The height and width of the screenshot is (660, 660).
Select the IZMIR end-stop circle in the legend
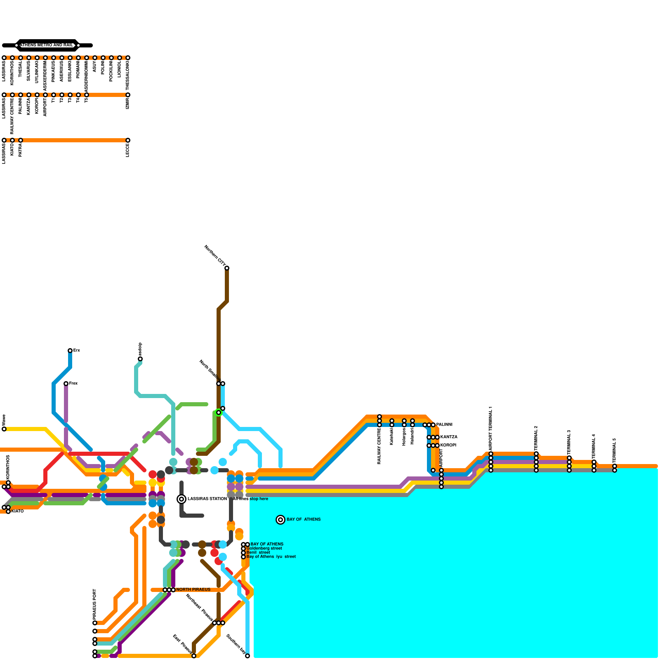pyautogui.click(x=128, y=95)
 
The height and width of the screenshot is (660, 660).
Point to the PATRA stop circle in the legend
pyautogui.click(x=21, y=140)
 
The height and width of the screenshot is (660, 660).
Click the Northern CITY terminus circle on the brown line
pyautogui.click(x=227, y=268)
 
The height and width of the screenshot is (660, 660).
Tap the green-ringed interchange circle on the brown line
pyautogui.click(x=219, y=412)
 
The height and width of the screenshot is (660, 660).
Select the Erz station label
pyautogui.click(x=77, y=351)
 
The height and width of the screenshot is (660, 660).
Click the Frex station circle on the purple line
pyautogui.click(x=66, y=384)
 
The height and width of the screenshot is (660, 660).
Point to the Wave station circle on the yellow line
pyautogui.click(x=4, y=429)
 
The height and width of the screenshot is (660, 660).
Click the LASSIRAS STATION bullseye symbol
pyautogui.click(x=181, y=499)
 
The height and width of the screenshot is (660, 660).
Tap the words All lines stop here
pyautogui.click(x=250, y=499)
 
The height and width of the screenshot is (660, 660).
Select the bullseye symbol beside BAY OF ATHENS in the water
pyautogui.click(x=280, y=520)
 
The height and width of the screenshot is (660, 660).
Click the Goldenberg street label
pyautogui.click(x=264, y=549)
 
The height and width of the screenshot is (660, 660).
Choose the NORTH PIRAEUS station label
pyautogui.click(x=193, y=590)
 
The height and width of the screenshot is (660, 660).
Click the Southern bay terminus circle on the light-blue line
pyautogui.click(x=247, y=656)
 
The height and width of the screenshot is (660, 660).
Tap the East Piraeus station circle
pyautogui.click(x=194, y=656)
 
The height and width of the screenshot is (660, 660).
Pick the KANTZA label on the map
pyautogui.click(x=449, y=437)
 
